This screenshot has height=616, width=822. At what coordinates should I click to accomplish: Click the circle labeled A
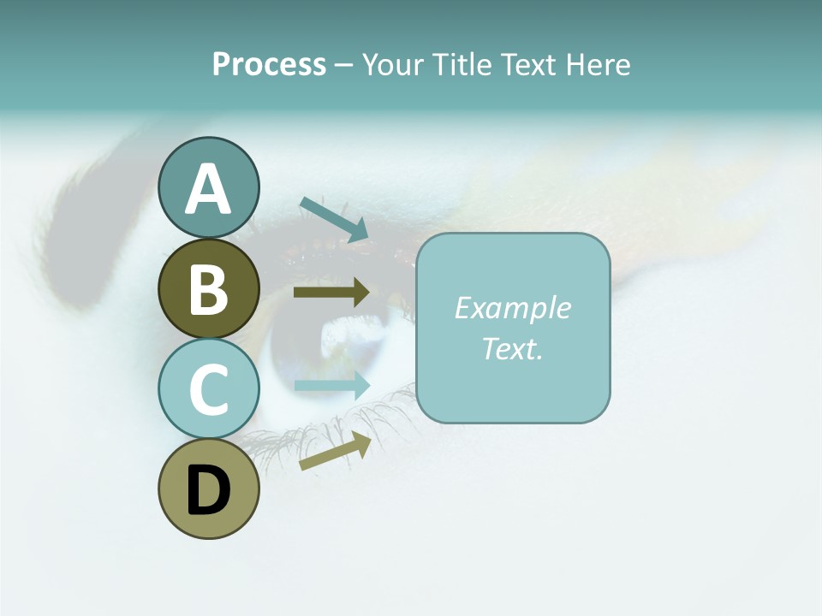[208, 187]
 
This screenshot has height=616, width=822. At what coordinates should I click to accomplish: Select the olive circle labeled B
[208, 288]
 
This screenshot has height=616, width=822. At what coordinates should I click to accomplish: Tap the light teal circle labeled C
[208, 388]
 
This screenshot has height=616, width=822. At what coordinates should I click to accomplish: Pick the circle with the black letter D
[208, 489]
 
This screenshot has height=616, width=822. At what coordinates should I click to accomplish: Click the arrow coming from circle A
[334, 219]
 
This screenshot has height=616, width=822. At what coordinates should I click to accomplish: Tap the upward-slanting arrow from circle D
[335, 451]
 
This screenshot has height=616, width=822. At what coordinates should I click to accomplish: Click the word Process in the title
[269, 64]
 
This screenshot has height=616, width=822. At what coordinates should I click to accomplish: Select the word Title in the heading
[463, 64]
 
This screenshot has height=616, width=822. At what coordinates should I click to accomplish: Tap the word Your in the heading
[393, 64]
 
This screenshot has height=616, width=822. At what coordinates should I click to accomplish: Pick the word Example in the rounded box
[512, 307]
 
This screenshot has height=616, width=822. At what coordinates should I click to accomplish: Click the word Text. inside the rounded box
[512, 348]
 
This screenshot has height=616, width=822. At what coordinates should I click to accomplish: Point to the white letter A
[208, 189]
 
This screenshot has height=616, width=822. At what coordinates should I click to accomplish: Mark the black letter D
[208, 490]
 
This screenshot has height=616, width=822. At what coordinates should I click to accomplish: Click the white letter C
[208, 389]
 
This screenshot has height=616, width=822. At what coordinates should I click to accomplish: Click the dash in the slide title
[343, 65]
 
